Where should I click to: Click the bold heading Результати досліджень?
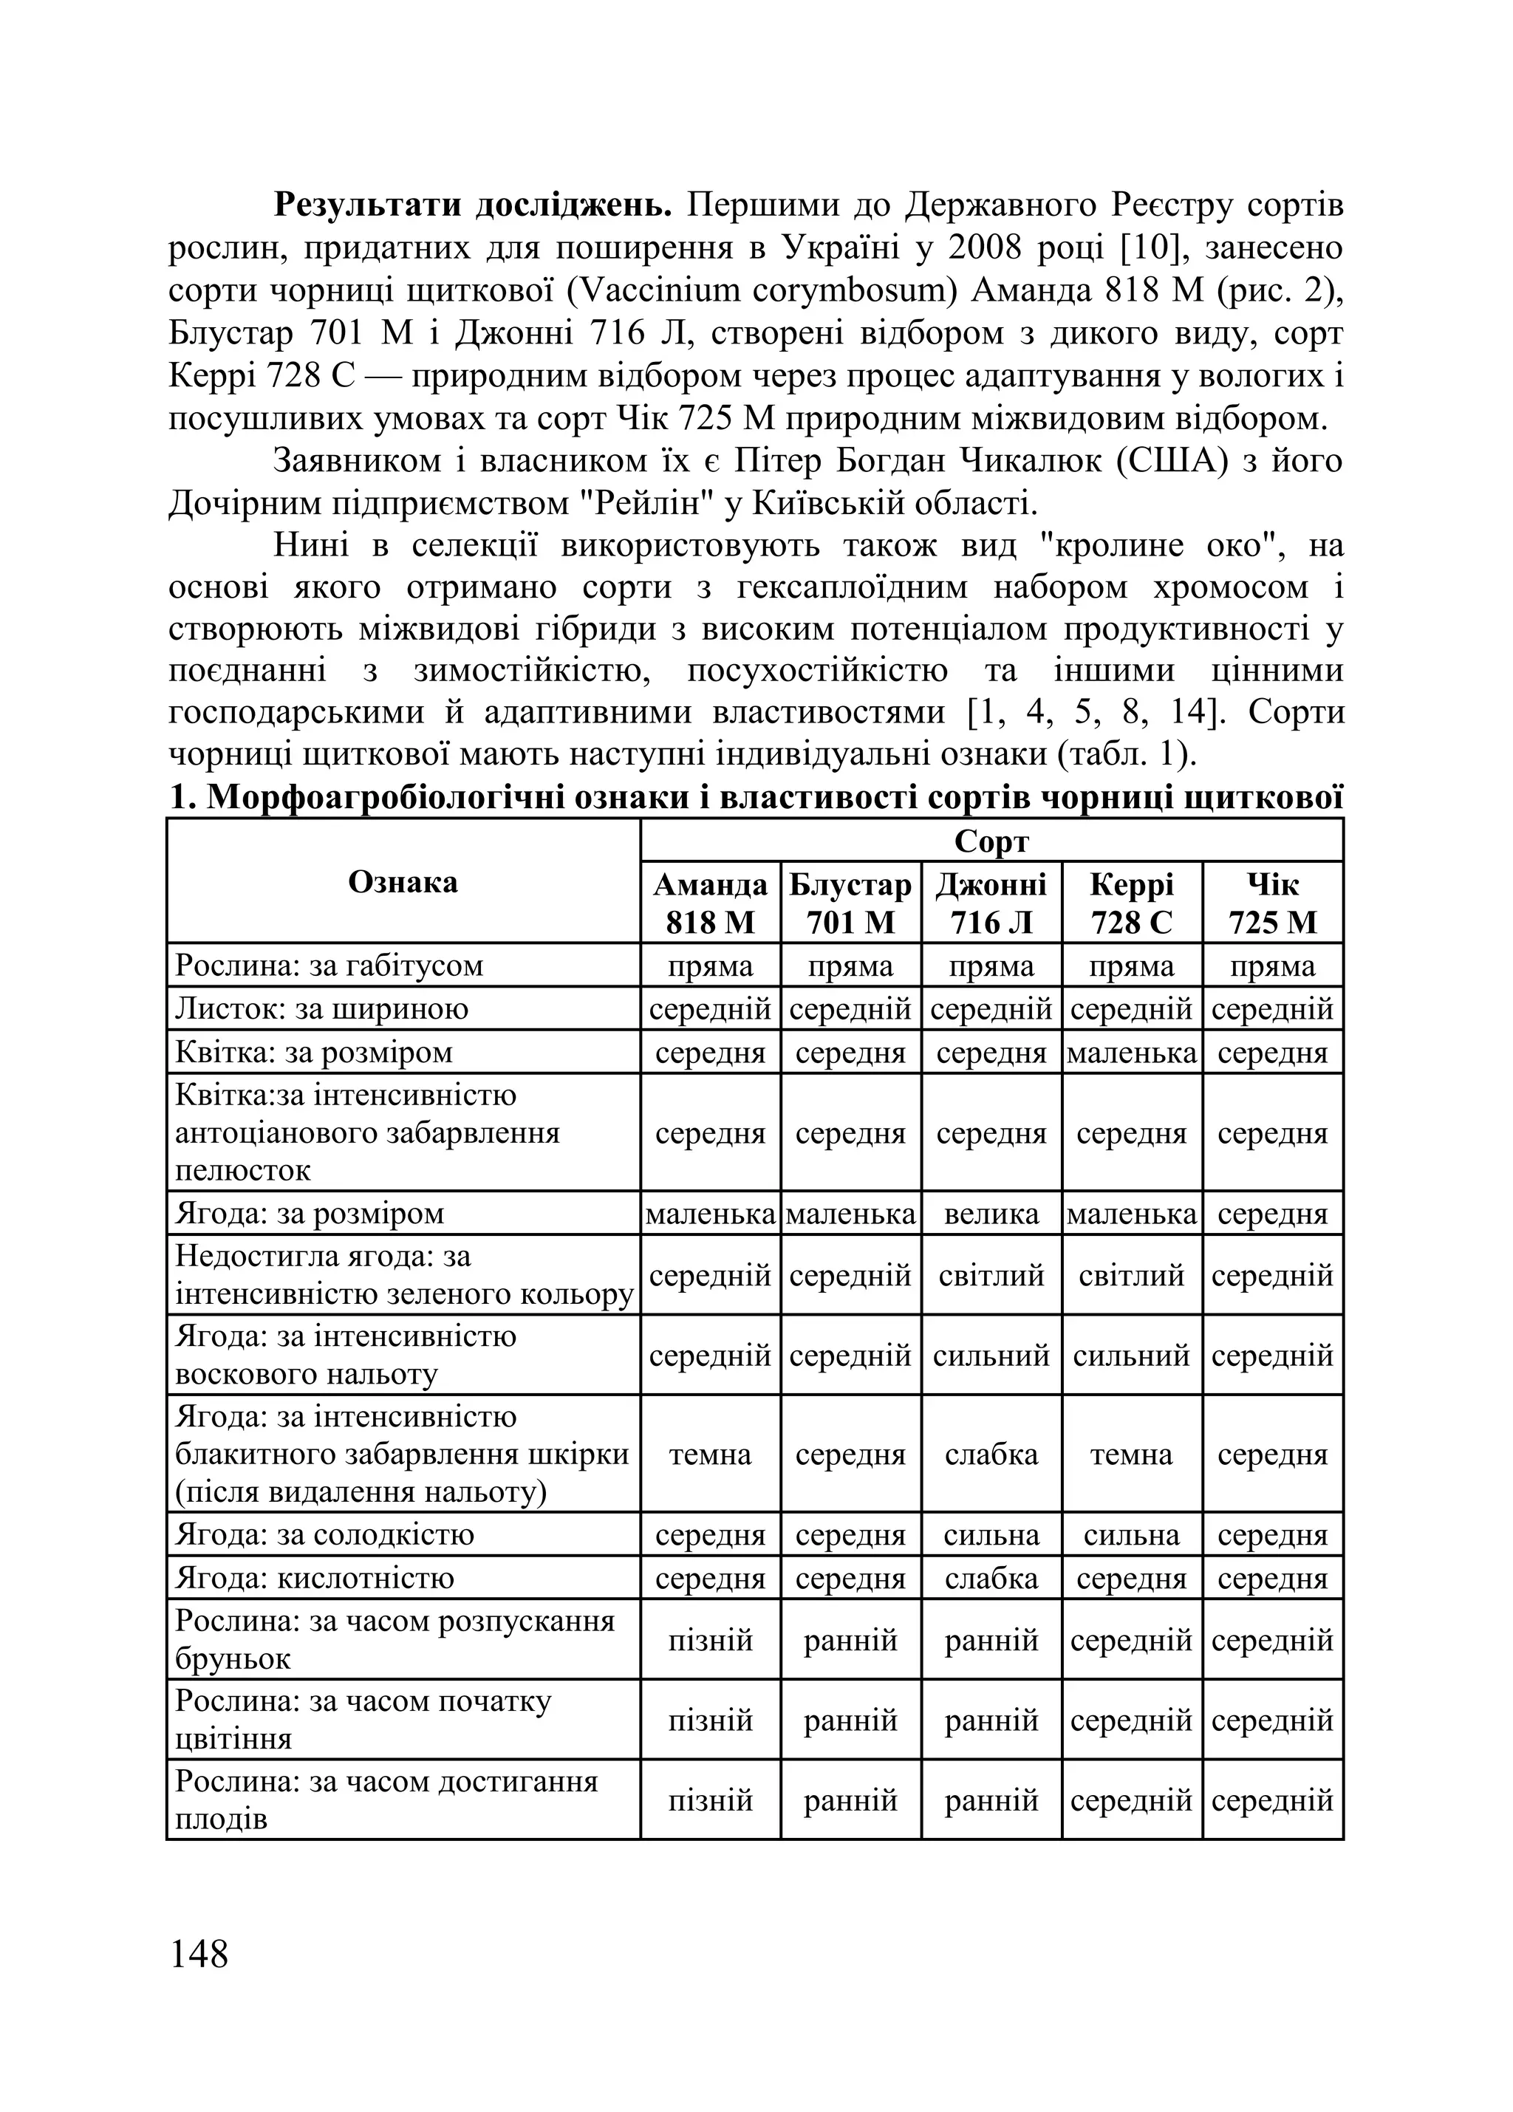pyautogui.click(x=472, y=205)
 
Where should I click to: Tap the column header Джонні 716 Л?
pyautogui.click(x=991, y=903)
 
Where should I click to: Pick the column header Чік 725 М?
pyautogui.click(x=1272, y=903)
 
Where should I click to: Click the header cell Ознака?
pyautogui.click(x=402, y=882)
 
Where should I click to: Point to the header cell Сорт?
pyautogui.click(x=991, y=841)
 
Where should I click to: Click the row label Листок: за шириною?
pyautogui.click(x=321, y=1008)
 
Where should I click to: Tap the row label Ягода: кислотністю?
pyautogui.click(x=314, y=1577)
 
